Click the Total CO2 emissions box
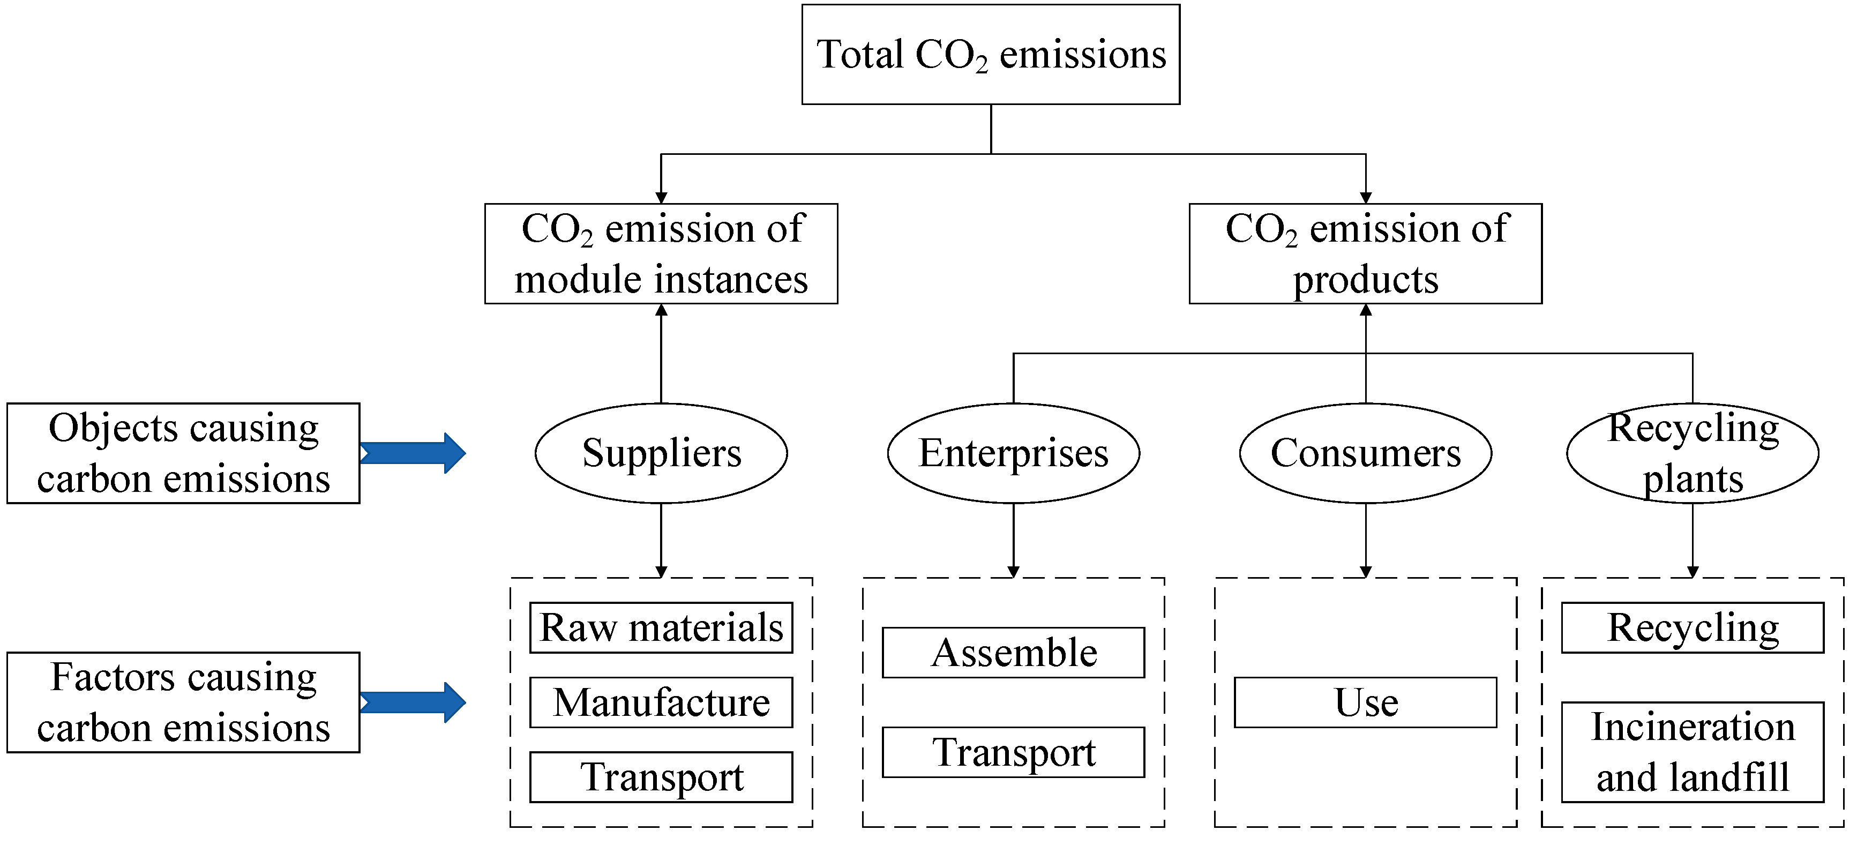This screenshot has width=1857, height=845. [x=991, y=55]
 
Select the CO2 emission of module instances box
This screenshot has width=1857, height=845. [x=661, y=254]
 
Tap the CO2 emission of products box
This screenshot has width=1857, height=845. [x=1365, y=254]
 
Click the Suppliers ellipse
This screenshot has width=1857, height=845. [x=661, y=453]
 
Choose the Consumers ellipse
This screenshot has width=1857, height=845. [x=1365, y=453]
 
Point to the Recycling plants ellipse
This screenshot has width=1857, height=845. [x=1692, y=453]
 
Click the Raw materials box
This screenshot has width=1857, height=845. [x=661, y=628]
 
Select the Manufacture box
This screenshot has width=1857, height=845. [x=661, y=703]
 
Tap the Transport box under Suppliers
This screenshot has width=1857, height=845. [x=661, y=777]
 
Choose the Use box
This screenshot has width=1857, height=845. [x=1365, y=703]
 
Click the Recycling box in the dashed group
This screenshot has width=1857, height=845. [x=1692, y=628]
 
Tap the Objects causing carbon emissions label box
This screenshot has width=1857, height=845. [x=183, y=453]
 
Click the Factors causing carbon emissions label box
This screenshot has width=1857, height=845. [x=183, y=703]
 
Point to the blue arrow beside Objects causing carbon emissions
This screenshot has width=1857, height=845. [x=414, y=453]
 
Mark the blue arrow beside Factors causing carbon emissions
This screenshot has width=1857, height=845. [x=414, y=703]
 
